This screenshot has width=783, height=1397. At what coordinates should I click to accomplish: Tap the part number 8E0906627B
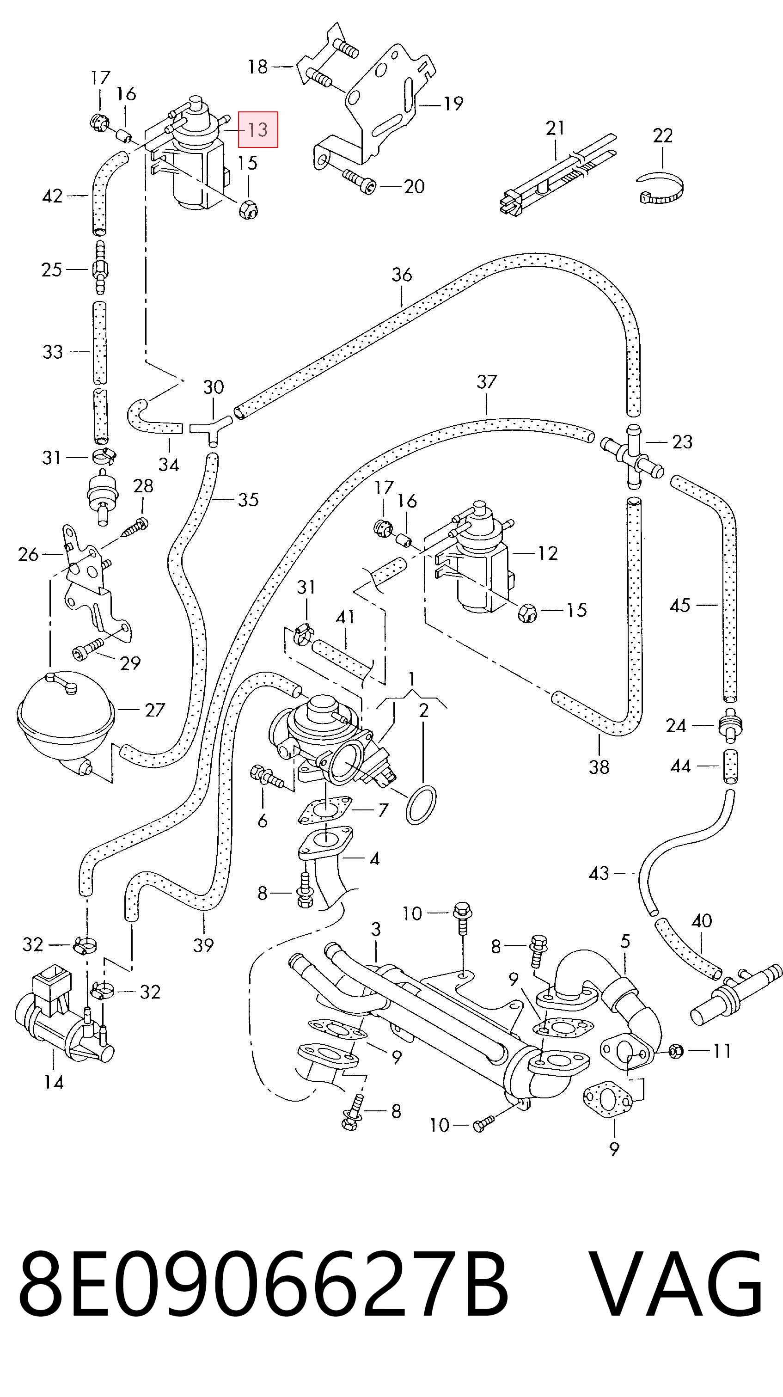point(263,1284)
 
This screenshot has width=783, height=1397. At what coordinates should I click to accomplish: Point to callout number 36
point(402,275)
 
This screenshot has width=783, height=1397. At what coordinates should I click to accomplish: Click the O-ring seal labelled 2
point(421,805)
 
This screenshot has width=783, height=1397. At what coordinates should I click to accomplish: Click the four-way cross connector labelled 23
point(632,453)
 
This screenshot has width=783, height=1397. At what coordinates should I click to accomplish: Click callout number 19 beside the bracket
point(453,103)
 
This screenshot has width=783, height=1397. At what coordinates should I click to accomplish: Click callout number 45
point(680,605)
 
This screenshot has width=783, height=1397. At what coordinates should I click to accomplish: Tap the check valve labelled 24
point(731,724)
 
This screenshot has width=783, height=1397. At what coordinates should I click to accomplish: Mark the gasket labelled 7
point(325,811)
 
